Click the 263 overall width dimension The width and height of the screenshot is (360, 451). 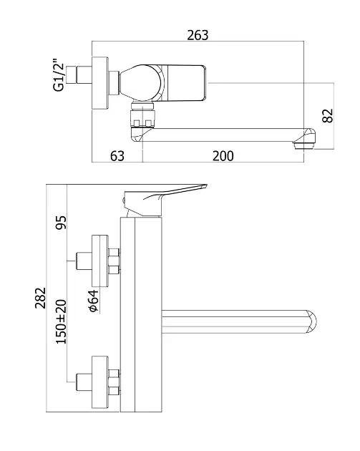pyautogui.click(x=198, y=35)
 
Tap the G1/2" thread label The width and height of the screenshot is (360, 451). pyautogui.click(x=59, y=75)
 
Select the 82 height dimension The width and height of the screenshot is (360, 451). pyautogui.click(x=328, y=116)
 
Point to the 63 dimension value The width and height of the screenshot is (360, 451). pyautogui.click(x=117, y=156)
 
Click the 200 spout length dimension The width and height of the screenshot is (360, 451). pyautogui.click(x=223, y=156)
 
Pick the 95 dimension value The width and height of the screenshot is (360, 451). pyautogui.click(x=61, y=223)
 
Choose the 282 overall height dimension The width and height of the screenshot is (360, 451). pyautogui.click(x=41, y=298)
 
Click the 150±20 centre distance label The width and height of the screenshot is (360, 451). pyautogui.click(x=61, y=321)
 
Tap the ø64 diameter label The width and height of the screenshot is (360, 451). pyautogui.click(x=94, y=301)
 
